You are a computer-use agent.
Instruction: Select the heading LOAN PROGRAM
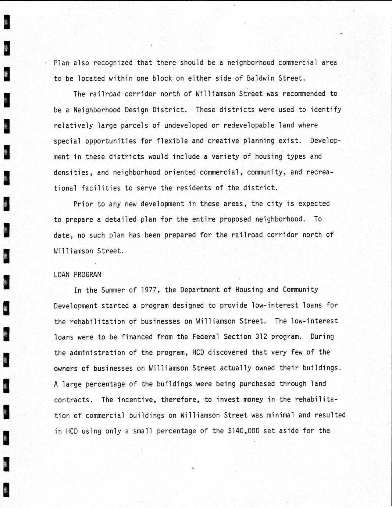(78, 275)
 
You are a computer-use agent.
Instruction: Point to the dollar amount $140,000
(243, 431)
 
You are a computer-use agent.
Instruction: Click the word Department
(200, 290)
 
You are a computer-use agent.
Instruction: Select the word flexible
(172, 141)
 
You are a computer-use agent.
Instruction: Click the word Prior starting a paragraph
(83, 204)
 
